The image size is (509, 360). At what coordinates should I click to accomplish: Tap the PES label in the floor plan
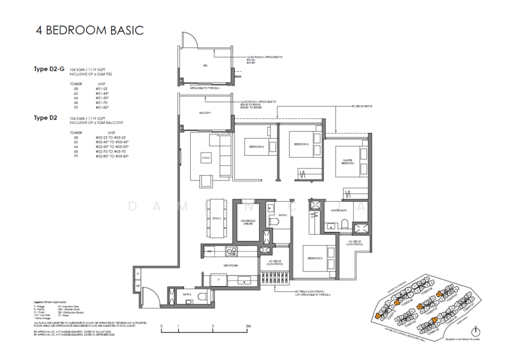tap(205, 65)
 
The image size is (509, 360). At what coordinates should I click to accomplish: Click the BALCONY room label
tap(204, 113)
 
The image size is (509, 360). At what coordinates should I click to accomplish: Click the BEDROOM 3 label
tap(300, 144)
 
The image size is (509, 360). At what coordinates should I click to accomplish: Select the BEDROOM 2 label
tap(314, 258)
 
